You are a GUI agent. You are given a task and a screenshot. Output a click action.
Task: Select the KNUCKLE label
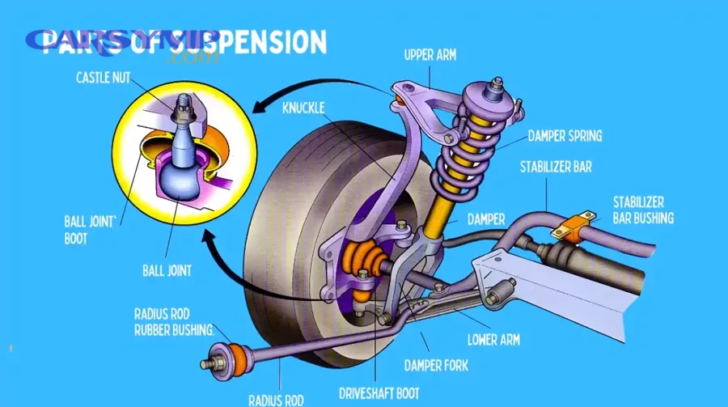coord(304,107)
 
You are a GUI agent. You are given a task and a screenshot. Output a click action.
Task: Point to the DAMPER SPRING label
coord(565,136)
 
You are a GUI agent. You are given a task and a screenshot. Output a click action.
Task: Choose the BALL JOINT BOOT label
coord(88,230)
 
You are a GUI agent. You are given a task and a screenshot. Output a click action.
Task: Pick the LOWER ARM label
coord(493,340)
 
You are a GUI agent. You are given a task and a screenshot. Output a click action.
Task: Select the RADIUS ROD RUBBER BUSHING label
coord(175,322)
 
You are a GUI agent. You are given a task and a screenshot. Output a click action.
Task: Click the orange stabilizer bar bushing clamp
coord(574,227)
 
